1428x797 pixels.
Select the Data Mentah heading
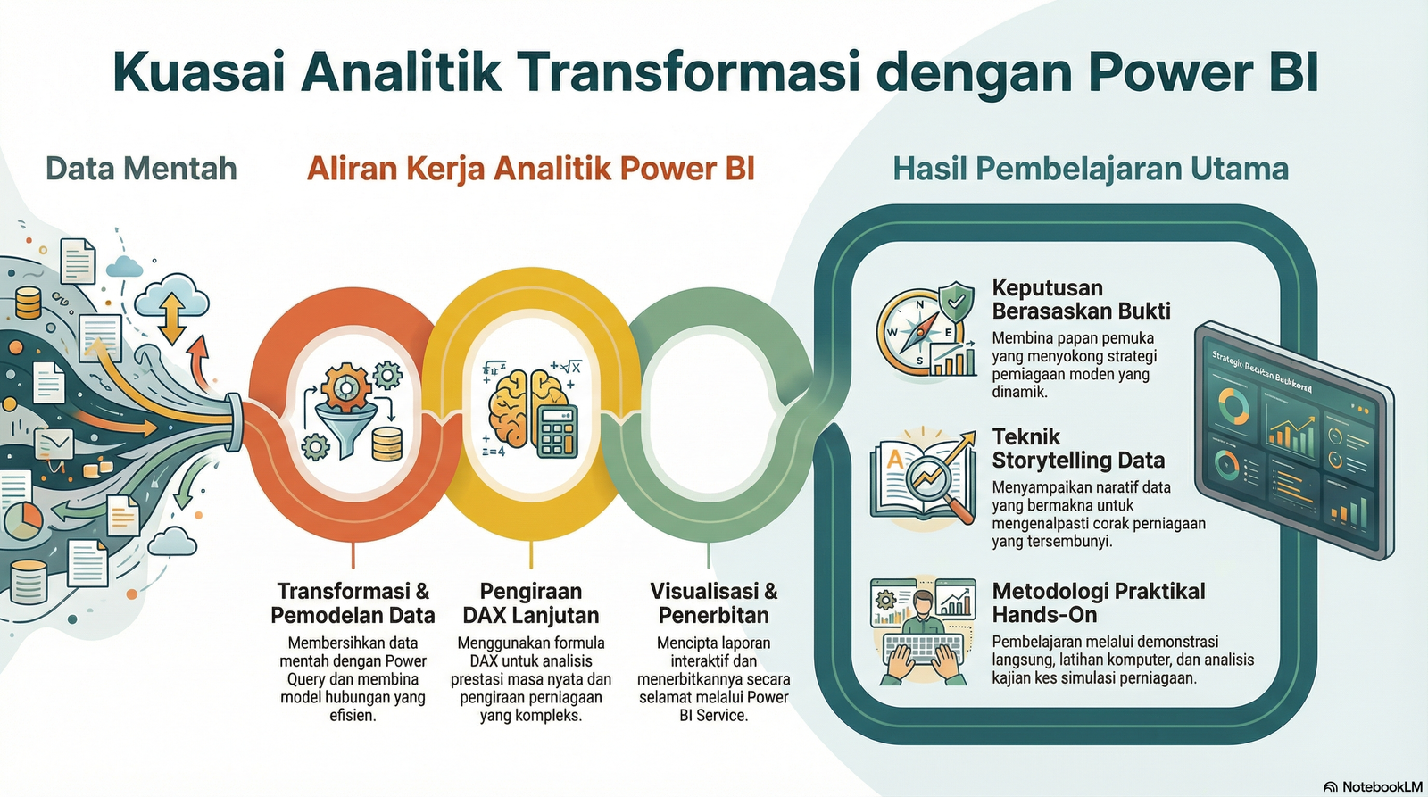coord(141,169)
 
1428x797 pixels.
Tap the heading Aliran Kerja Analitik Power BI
coord(531,169)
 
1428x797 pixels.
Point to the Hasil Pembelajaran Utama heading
coord(1091,169)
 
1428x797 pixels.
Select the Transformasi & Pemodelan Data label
coord(353,603)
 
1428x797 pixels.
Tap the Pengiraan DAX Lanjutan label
coord(531,603)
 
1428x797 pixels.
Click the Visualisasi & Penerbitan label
coord(713,603)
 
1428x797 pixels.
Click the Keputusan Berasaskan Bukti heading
coord(1081,300)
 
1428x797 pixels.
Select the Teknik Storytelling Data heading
coord(1078,448)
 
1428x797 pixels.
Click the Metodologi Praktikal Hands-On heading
coord(1098,602)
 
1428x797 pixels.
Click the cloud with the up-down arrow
coord(172,308)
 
